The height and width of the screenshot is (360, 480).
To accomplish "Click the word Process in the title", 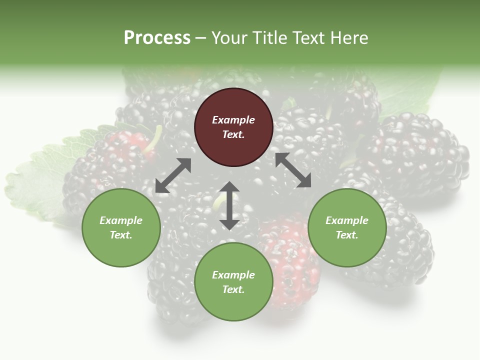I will pyautogui.click(x=157, y=38).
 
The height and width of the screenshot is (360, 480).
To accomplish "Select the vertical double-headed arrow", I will pyautogui.click(x=229, y=205).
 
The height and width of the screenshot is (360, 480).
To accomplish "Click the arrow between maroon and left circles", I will pyautogui.click(x=173, y=175).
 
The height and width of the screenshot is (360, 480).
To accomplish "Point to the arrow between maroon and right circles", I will pyautogui.click(x=293, y=170).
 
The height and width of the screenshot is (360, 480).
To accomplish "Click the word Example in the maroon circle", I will pyautogui.click(x=233, y=120).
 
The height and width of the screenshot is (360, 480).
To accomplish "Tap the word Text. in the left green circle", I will pyautogui.click(x=121, y=235).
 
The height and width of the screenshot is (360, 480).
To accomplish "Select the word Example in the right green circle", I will pyautogui.click(x=347, y=220).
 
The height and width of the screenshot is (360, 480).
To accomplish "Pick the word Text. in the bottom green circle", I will pyautogui.click(x=233, y=289).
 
